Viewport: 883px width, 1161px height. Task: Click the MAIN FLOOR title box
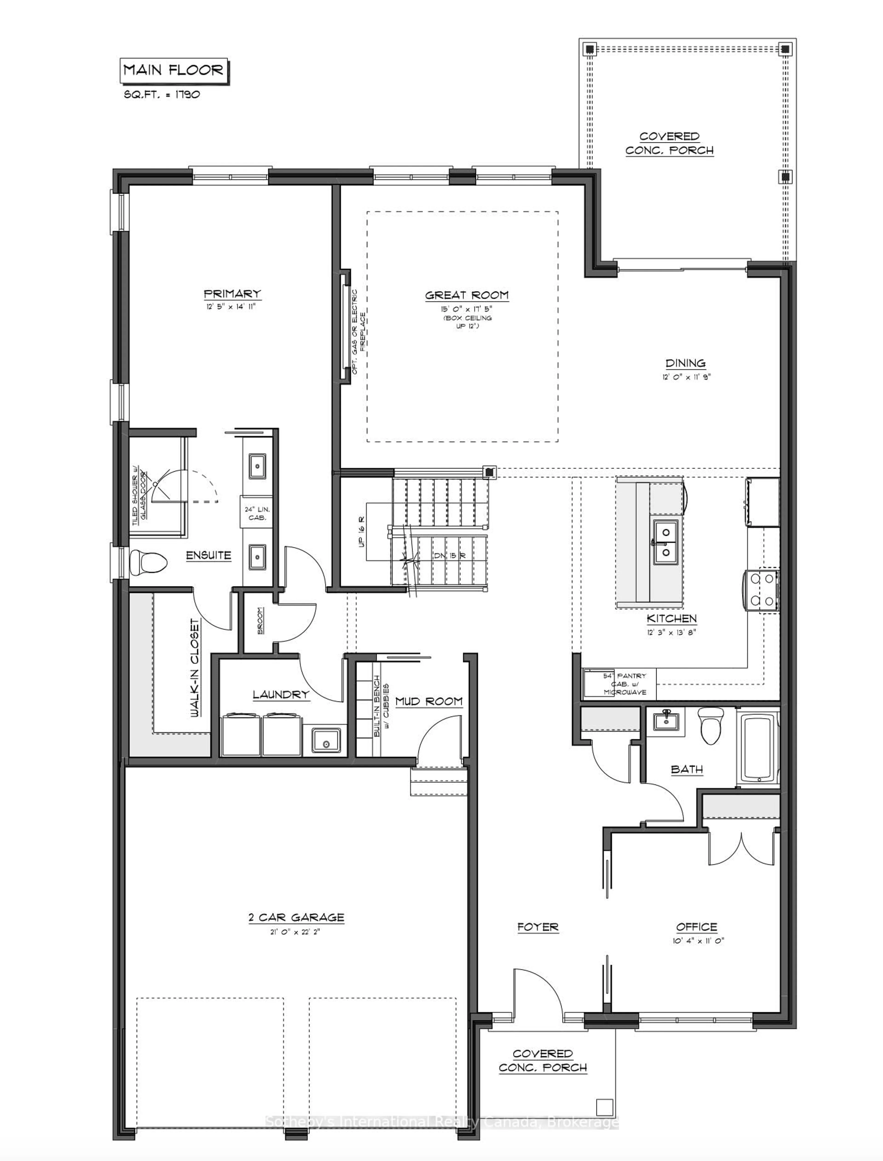(x=173, y=70)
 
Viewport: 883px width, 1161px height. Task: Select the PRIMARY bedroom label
(x=232, y=294)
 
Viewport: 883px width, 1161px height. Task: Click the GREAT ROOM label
(x=467, y=295)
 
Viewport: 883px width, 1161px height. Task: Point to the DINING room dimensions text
(x=686, y=377)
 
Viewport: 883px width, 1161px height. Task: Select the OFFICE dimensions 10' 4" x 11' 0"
(x=698, y=941)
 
